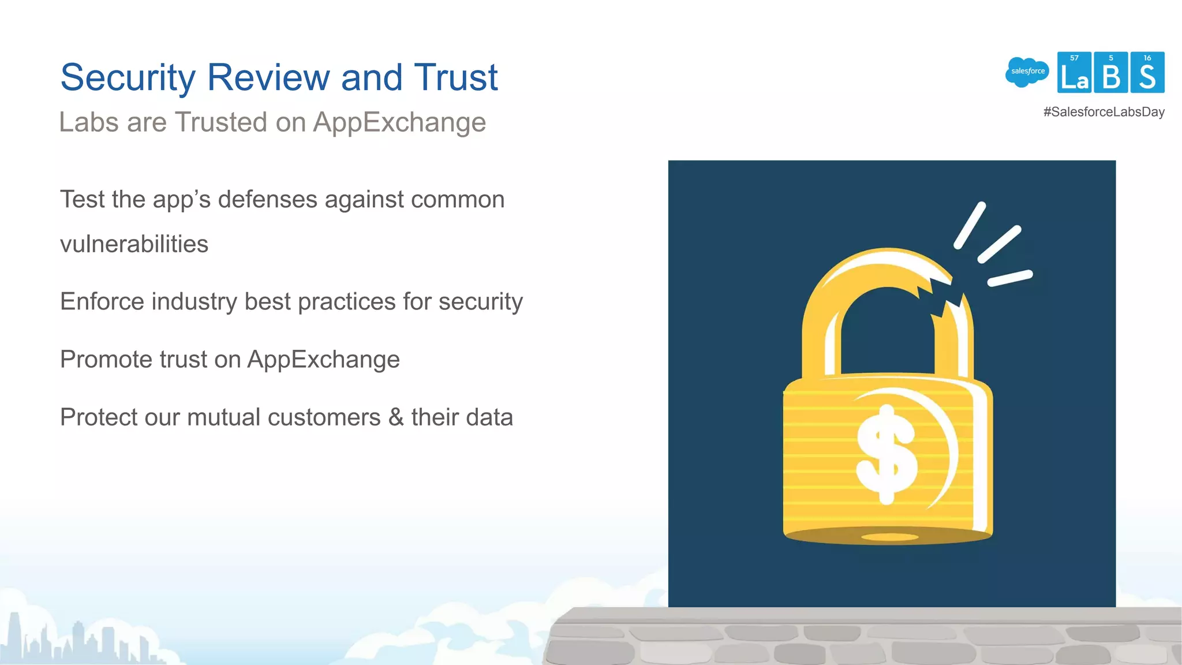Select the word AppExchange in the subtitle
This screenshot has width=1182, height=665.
click(399, 123)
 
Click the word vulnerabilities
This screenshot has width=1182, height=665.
click(134, 244)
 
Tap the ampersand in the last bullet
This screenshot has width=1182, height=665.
click(396, 417)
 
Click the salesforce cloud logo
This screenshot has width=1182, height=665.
click(1027, 72)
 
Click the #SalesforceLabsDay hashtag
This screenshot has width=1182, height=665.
click(1104, 112)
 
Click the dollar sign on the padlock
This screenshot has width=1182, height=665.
click(886, 454)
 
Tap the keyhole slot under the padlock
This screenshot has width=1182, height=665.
click(889, 537)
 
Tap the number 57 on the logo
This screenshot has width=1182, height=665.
click(1074, 58)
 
